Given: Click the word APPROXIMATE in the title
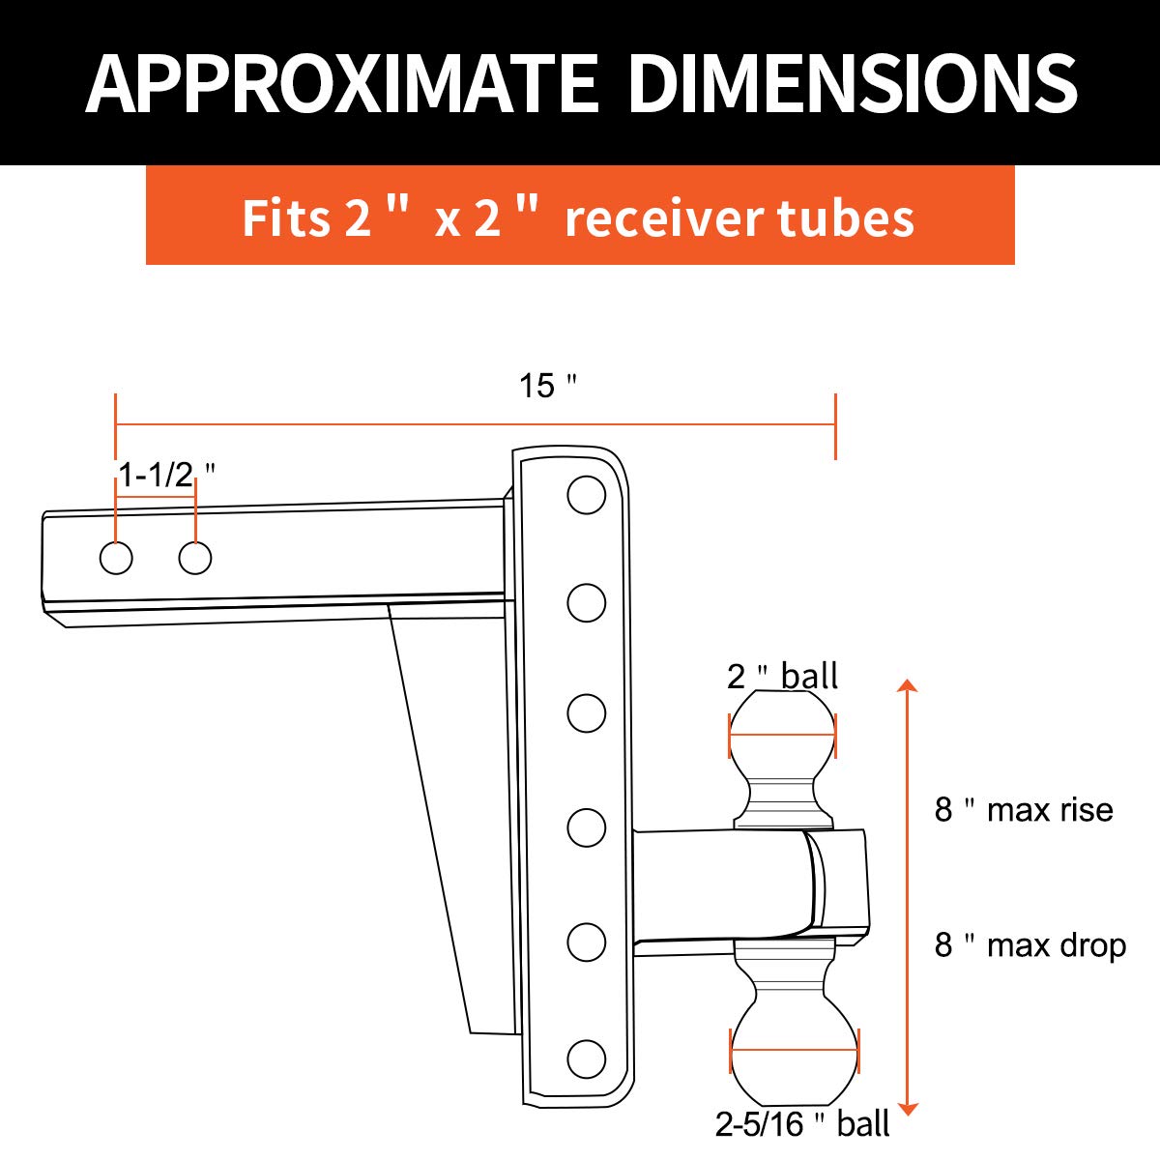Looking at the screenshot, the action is point(342,83).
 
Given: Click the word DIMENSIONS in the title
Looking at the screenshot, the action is point(853,83).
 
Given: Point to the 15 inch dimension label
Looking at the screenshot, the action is point(548,386).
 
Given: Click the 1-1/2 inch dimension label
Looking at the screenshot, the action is point(166,475).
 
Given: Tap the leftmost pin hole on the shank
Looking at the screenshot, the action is point(116,558).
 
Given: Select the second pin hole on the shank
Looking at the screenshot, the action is point(195,558).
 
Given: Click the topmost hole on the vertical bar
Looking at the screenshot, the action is point(587,495).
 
